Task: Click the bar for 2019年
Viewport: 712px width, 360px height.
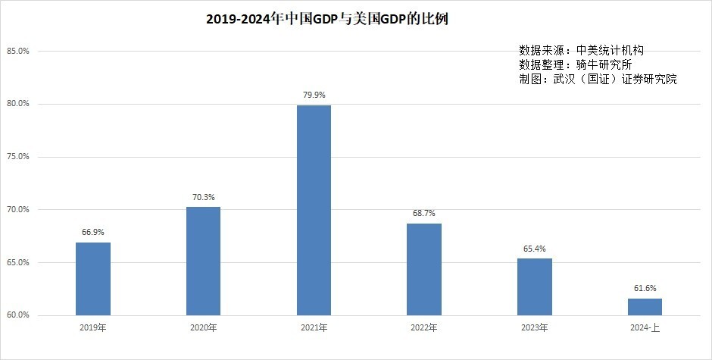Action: [x=93, y=279]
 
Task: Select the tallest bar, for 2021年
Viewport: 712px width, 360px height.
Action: [x=314, y=210]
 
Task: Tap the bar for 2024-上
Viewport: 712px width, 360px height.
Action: [x=645, y=307]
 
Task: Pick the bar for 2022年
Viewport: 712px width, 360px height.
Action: [x=424, y=269]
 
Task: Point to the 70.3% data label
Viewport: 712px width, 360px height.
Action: [x=204, y=197]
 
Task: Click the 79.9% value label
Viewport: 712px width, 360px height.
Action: [x=314, y=95]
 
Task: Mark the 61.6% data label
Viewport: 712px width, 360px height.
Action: [x=645, y=288]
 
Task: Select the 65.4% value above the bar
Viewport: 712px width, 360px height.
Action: [x=535, y=249]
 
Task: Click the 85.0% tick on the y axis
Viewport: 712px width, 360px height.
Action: [x=18, y=51]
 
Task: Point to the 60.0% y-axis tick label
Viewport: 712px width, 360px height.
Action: [x=18, y=315]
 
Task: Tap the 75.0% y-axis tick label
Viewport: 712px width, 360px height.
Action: [x=18, y=156]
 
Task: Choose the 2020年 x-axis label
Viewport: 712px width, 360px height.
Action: [x=204, y=327]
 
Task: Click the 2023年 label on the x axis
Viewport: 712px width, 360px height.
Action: [x=535, y=327]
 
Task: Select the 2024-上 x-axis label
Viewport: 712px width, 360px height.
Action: [x=645, y=327]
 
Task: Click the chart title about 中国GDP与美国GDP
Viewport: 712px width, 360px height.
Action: [x=327, y=19]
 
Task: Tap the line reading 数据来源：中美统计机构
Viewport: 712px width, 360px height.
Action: [x=581, y=50]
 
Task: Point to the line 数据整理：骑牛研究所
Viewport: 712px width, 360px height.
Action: [x=576, y=64]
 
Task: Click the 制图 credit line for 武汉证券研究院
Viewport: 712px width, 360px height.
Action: [x=598, y=79]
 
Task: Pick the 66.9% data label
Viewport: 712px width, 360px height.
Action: [x=93, y=232]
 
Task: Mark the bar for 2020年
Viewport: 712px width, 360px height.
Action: [x=204, y=261]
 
